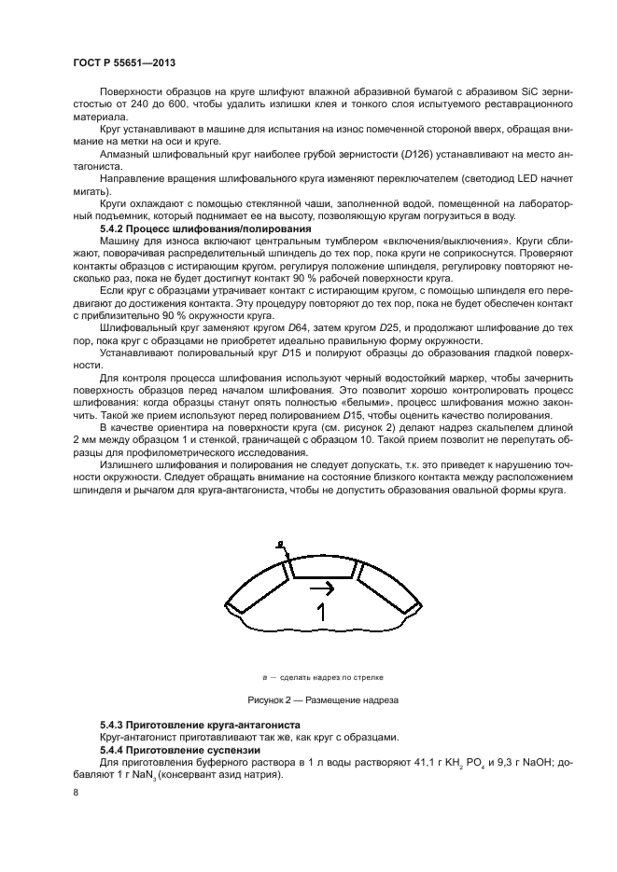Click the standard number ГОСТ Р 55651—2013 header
124,62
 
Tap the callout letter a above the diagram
278,543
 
